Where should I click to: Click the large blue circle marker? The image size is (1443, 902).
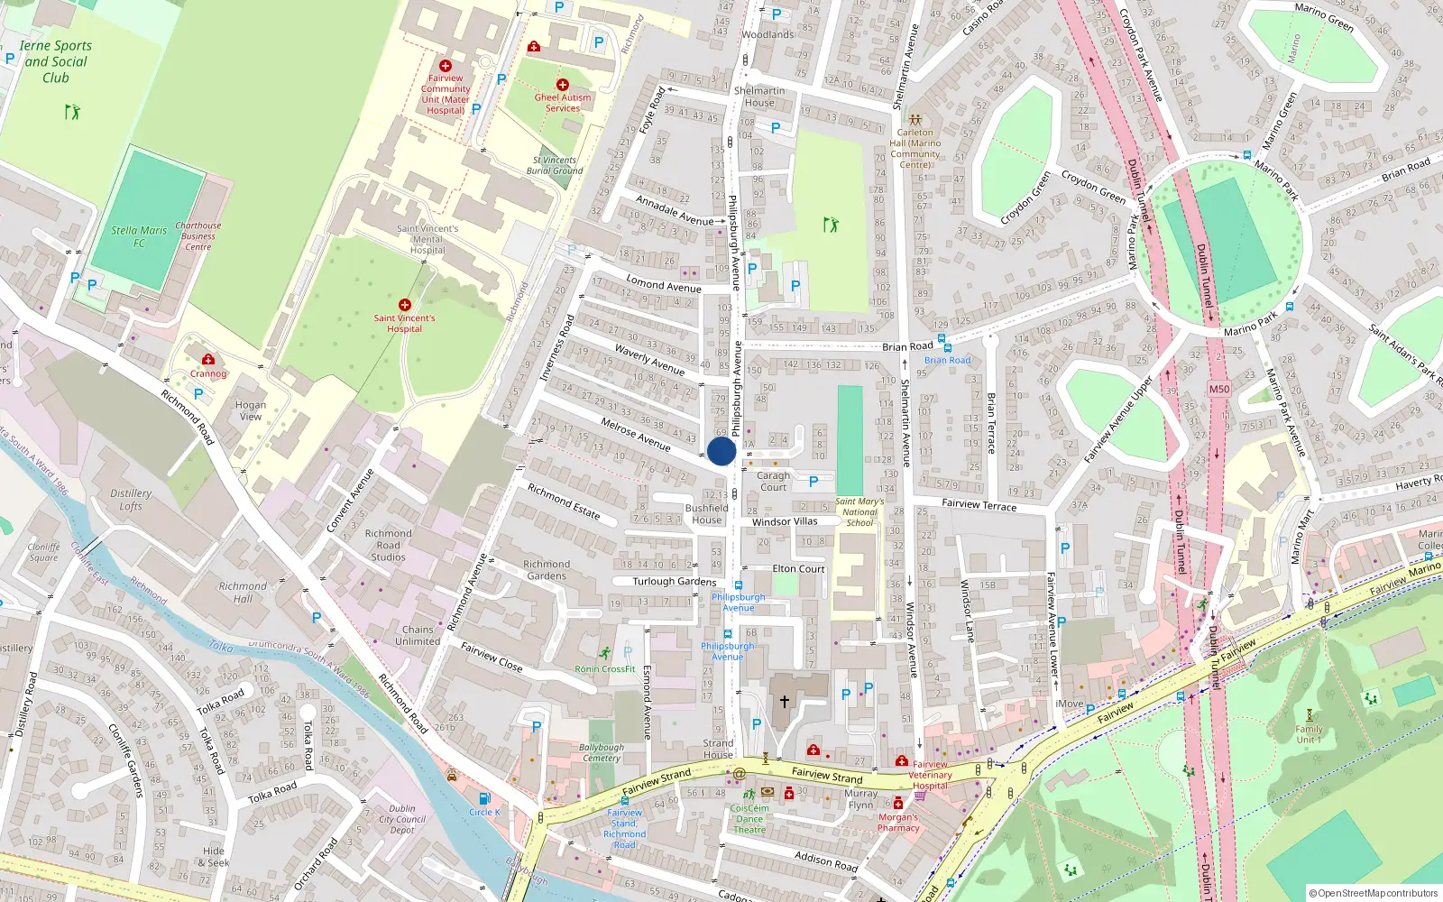721,451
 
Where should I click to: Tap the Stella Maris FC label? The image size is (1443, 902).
139,236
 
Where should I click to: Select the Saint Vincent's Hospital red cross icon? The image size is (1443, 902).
405,305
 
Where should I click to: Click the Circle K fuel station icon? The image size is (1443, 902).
484,798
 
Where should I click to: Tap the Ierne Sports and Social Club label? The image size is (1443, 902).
56,61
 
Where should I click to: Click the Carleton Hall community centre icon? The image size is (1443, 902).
915,119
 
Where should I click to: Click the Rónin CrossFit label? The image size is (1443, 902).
605,669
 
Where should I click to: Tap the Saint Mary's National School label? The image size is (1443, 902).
859,511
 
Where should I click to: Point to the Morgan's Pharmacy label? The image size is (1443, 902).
898,823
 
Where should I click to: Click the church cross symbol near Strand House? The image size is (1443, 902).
785,701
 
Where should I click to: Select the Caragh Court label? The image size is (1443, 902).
773,482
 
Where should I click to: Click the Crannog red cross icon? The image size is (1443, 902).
208,359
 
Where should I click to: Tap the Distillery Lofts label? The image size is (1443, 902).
131,500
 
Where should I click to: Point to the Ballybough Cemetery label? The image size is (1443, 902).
602,752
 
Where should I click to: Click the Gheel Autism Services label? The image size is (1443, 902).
563,103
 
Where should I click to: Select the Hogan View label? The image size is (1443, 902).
251,410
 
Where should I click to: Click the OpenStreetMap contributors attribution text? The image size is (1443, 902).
1374,893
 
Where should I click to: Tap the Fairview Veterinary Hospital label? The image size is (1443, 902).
930,775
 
